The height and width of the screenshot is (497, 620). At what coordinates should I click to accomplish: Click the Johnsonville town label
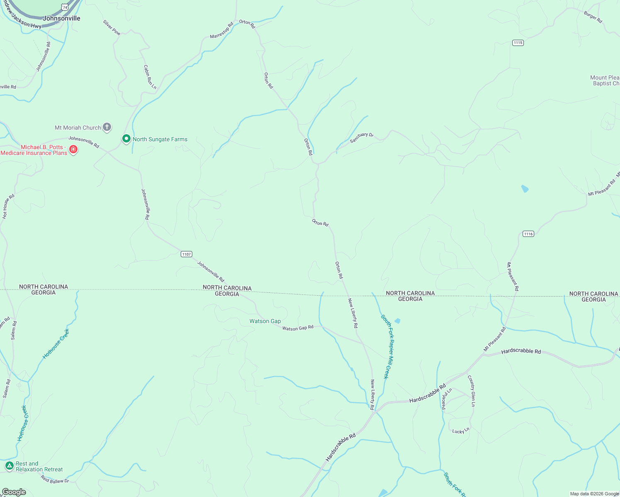61,18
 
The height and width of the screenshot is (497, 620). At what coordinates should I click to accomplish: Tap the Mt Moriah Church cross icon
107,127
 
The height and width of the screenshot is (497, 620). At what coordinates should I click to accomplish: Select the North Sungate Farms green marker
126,139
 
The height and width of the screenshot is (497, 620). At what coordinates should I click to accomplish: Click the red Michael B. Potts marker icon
73,149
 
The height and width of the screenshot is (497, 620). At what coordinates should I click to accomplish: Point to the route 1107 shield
186,254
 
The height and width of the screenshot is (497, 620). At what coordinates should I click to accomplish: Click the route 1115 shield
518,43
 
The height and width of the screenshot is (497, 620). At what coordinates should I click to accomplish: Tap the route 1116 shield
528,234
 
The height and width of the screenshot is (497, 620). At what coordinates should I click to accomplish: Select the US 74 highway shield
65,7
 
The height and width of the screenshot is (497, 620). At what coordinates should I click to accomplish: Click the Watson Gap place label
265,321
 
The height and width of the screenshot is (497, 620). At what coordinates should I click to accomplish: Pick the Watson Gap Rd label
298,328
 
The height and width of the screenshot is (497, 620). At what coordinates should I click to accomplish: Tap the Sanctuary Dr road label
361,138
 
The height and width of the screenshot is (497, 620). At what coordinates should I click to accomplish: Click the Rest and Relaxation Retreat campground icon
10,466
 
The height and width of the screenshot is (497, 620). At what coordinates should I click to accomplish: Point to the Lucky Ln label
461,431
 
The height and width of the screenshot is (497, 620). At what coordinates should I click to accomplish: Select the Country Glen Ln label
472,391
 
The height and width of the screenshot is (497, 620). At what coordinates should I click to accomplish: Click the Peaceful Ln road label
446,398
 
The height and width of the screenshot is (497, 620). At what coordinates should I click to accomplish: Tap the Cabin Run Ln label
150,77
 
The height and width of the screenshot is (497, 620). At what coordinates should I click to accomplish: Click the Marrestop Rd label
221,31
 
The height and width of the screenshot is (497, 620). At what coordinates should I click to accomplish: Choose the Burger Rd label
593,17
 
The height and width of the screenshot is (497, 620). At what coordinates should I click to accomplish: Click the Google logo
14,492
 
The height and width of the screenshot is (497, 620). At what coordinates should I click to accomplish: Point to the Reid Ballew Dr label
55,480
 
